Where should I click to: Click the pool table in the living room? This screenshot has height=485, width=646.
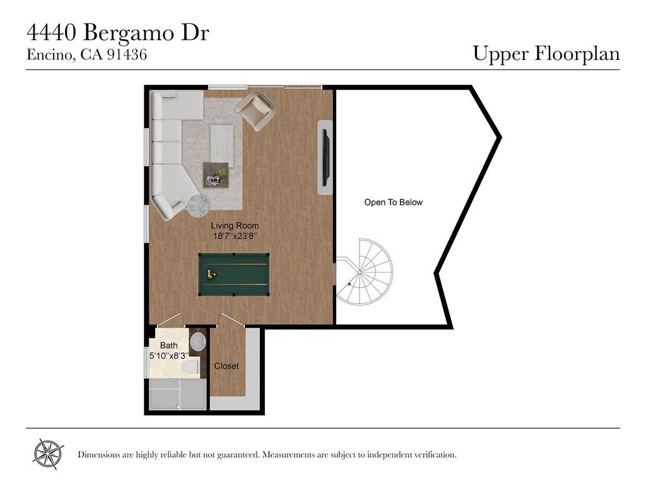click(x=233, y=274)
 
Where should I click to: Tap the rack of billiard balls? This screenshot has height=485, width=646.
click(x=211, y=274)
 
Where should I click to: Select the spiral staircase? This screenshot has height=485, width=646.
click(x=363, y=272)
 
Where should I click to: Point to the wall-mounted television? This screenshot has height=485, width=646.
click(x=326, y=157)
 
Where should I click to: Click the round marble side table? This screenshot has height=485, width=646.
click(x=199, y=206)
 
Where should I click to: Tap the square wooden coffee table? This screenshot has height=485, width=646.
click(x=216, y=175)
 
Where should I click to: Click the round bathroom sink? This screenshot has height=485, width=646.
click(x=198, y=342)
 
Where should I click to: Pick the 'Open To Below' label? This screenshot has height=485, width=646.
click(x=394, y=202)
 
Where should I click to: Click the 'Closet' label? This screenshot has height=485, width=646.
click(x=226, y=366)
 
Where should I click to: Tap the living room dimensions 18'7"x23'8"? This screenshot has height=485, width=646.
click(x=235, y=236)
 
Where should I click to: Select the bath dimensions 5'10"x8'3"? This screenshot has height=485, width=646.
click(x=169, y=356)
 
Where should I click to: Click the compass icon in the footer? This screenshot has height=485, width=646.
click(x=48, y=454)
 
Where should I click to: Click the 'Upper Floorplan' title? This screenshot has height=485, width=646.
click(x=546, y=54)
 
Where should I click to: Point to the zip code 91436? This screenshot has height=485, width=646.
click(x=127, y=54)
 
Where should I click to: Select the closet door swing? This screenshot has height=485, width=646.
click(x=232, y=320)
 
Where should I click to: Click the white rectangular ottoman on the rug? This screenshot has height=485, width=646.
click(x=221, y=146)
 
